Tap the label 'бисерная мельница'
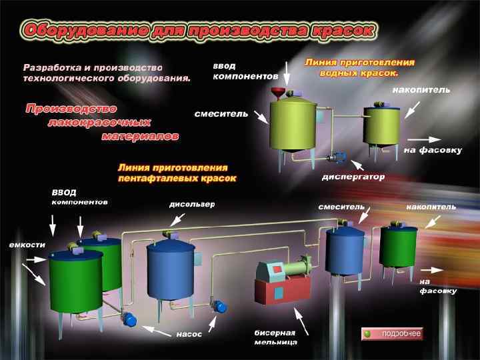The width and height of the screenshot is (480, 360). pos(275,337)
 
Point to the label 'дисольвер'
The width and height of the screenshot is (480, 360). pos(192,205)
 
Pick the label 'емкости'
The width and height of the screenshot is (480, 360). pos(27,245)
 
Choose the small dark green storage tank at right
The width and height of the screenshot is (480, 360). pos(398,247)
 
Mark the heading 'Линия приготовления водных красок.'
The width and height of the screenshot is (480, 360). pos(359,67)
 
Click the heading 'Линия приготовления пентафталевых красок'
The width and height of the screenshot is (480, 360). pos(177,173)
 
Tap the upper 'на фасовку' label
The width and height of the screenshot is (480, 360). pos(432,151)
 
